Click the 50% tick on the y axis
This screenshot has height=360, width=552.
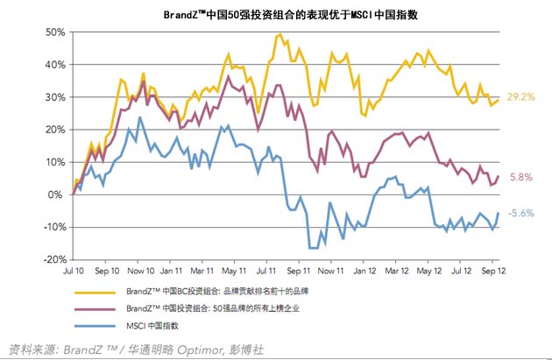click(54, 32)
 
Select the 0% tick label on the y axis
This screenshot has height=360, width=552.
click(59, 194)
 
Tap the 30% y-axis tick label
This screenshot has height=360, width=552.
click(54, 96)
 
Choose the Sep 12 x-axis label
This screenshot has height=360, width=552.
click(492, 273)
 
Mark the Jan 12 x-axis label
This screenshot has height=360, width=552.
click(363, 273)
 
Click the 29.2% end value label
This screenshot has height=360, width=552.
click(520, 97)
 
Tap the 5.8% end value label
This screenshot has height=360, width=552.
click(520, 176)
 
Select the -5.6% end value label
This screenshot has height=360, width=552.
click(521, 213)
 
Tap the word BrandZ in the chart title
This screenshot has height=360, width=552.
click(183, 15)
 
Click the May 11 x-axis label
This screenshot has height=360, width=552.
click(235, 273)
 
